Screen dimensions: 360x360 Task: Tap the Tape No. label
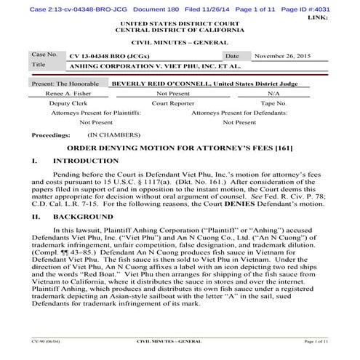pyautogui.click(x=273, y=103)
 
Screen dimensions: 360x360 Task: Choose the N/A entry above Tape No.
pyautogui.click(x=273, y=94)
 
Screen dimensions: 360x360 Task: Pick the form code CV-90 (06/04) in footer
pyautogui.click(x=44, y=340)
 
